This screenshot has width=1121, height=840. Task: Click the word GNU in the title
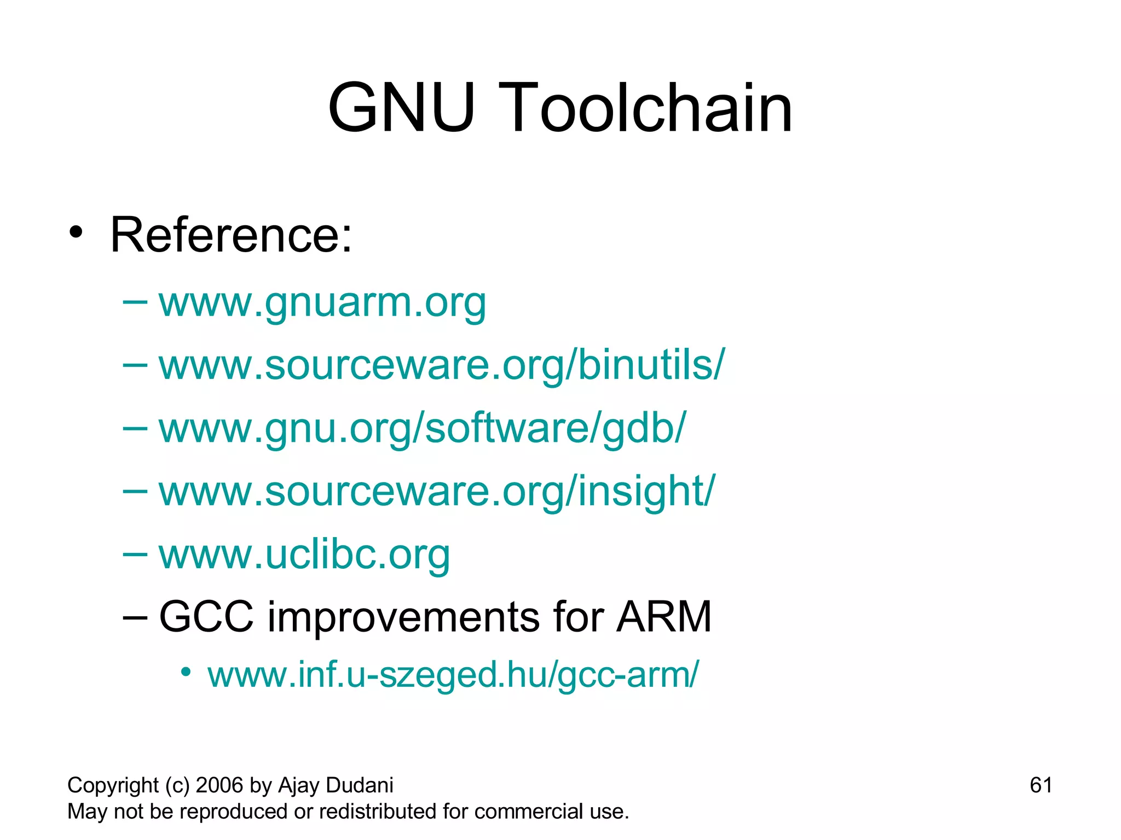click(401, 108)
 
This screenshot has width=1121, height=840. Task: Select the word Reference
click(230, 235)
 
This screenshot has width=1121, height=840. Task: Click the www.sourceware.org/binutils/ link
click(441, 365)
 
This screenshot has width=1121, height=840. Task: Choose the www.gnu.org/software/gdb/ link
click(421, 428)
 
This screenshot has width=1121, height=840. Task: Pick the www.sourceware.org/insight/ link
click(436, 491)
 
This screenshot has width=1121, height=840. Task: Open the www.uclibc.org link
click(304, 555)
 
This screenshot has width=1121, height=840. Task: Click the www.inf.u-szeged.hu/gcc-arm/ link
click(453, 674)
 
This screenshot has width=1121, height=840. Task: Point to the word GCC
click(206, 617)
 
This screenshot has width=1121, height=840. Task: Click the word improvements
click(403, 617)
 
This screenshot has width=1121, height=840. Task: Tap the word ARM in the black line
click(663, 617)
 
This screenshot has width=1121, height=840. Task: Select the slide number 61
click(1041, 785)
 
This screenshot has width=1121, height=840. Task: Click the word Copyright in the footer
click(113, 785)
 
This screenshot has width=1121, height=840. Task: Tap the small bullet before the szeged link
click(186, 672)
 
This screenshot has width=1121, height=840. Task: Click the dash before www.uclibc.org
click(135, 555)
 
